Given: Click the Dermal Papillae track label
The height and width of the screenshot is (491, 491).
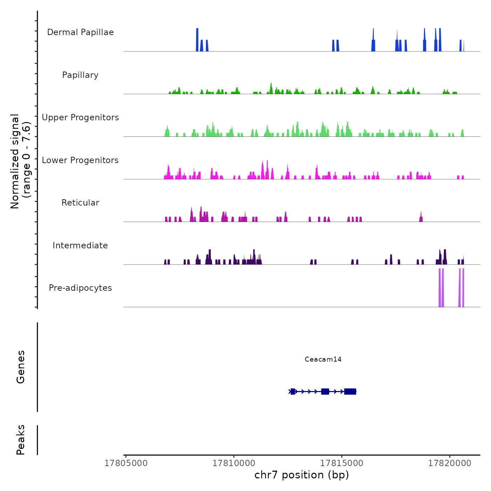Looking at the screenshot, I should pos(80,32).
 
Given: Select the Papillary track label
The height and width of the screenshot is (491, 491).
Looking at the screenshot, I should pos(80,75).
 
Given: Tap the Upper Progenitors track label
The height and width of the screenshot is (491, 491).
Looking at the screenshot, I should pos(80,117).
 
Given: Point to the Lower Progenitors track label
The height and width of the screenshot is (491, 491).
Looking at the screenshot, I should pos(80,160).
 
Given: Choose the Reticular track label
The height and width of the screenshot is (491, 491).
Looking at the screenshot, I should pos(80,203).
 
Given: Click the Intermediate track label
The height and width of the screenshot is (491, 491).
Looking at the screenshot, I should pos(80,245).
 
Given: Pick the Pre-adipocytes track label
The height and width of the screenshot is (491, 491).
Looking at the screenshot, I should pos(80,288).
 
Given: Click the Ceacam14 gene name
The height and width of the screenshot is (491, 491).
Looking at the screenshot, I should pos(323,359).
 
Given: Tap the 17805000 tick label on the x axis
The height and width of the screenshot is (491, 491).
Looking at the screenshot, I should pos(126,463).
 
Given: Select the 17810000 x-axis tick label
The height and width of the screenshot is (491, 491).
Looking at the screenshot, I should pos(234,463).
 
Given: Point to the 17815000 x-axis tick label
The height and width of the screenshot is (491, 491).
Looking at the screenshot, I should pos(342,463).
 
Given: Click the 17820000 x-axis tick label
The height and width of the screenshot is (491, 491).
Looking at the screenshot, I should pos(450,463).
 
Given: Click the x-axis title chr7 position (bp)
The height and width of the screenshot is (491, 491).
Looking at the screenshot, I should pos(302,475).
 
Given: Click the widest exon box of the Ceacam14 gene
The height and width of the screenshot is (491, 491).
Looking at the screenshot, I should pos(350,391).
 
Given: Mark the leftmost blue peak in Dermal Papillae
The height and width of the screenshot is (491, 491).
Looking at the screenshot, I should pos(197,40).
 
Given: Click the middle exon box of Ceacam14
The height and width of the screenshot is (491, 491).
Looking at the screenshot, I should pos(325,391).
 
